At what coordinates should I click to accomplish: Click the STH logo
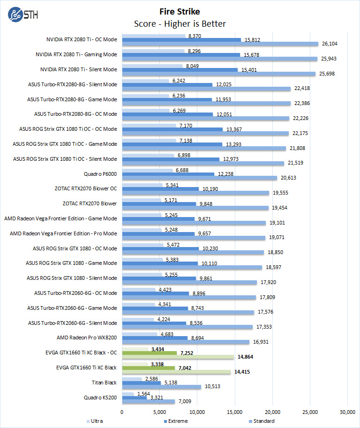tap(23, 14)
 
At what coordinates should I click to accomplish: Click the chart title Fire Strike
tap(180, 11)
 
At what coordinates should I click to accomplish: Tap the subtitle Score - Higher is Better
tap(180, 23)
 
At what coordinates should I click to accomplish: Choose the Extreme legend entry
tap(176, 421)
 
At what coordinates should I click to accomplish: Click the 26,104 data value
tap(330, 44)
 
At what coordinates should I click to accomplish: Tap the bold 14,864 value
tap(246, 357)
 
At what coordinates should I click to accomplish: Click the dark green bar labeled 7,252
tap(149, 353)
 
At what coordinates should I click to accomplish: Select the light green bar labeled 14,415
tap(176, 372)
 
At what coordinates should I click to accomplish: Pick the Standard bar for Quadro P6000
tap(199, 178)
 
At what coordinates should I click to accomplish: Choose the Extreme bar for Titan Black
tap(141, 383)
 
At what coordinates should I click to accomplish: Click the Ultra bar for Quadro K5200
tap(128, 394)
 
